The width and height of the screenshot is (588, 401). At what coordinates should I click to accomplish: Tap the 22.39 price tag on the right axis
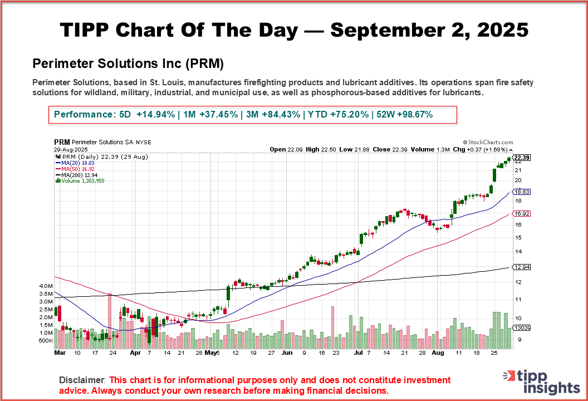point(522,158)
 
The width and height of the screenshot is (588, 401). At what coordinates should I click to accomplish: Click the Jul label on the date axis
point(359,353)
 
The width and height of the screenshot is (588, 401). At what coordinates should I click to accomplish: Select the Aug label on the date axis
point(438,353)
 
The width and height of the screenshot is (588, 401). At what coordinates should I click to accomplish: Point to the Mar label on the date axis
point(60,353)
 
